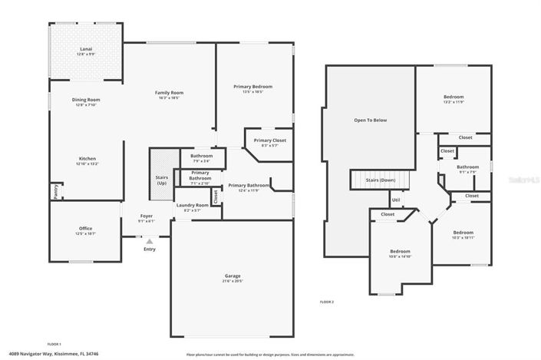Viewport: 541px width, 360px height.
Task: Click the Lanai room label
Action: [86, 49]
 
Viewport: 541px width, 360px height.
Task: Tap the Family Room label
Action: [170, 92]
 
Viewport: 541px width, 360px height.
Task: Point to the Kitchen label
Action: [86, 159]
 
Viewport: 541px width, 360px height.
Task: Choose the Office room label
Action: [85, 228]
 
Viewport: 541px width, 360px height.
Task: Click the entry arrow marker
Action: [149, 240]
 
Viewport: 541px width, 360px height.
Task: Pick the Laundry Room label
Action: [193, 205]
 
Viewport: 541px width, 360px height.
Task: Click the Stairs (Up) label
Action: [162, 180]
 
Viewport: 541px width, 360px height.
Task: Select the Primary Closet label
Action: [269, 140]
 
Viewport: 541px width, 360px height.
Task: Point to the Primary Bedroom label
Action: [252, 87]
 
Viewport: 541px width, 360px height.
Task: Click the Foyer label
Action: [146, 216]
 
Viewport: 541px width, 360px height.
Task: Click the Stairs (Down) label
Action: [380, 179]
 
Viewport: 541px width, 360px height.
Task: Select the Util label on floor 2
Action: [396, 200]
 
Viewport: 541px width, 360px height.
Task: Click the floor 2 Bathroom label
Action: [467, 167]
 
